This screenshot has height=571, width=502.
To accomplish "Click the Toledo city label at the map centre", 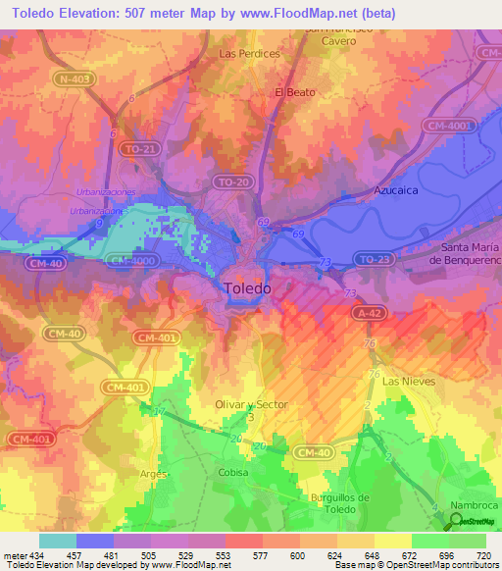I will (x=248, y=288).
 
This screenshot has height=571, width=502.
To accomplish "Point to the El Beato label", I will (x=295, y=92).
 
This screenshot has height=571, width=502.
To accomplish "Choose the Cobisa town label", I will (x=232, y=472).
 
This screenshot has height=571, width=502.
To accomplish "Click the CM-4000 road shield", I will (x=129, y=261).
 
